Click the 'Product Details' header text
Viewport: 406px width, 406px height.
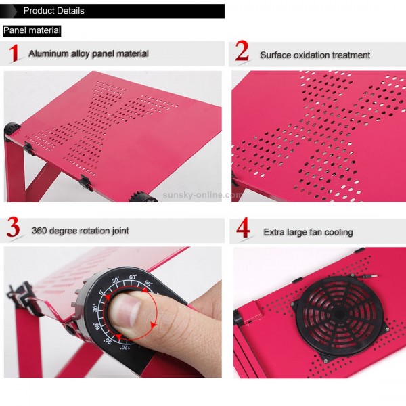[53, 11]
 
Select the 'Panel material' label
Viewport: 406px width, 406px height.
[32, 30]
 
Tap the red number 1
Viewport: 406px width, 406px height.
[13, 53]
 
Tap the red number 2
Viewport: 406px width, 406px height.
[242, 53]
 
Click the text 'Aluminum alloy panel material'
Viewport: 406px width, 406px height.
[89, 53]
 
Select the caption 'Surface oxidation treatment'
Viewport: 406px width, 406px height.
[315, 55]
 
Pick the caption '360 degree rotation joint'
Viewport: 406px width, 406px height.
[80, 231]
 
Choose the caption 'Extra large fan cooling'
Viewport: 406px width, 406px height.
[308, 232]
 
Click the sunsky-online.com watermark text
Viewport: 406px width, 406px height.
[202, 195]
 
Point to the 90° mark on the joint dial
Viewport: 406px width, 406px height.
[148, 284]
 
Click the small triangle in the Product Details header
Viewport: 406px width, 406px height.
[12, 12]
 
